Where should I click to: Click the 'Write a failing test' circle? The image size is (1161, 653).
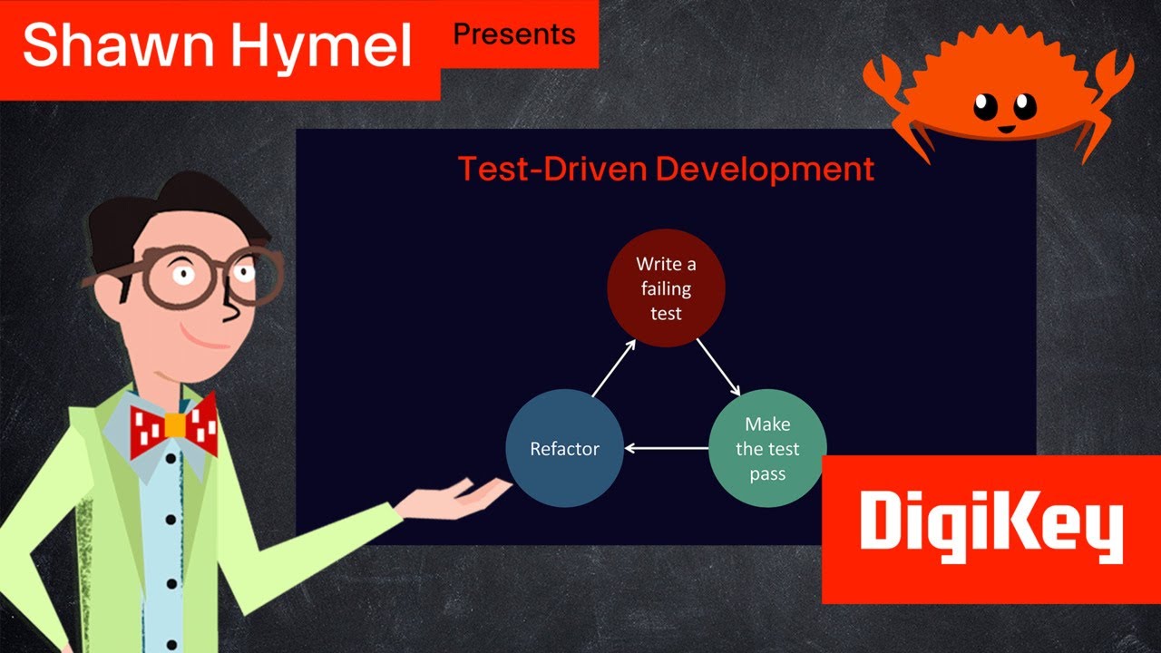click(666, 288)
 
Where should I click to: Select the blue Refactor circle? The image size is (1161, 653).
click(564, 448)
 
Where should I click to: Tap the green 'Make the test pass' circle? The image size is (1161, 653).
click(767, 448)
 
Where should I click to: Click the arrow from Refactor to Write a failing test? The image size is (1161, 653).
click(613, 368)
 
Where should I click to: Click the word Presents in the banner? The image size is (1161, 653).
click(514, 34)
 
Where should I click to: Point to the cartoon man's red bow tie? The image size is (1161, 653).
click(173, 427)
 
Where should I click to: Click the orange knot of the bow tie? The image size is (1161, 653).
click(175, 425)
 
